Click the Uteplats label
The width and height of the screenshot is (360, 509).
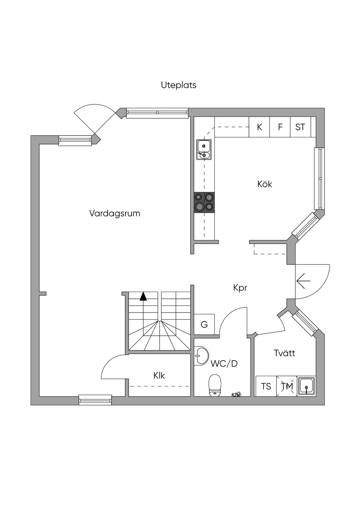tap(179, 85)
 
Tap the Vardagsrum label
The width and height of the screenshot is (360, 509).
tap(115, 213)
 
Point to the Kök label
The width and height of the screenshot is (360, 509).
tap(265, 184)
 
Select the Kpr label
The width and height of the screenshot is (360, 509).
tap(240, 288)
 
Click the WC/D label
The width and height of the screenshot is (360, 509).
tap(224, 363)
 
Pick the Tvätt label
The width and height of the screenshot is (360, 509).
tap(284, 353)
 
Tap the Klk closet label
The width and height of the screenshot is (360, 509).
tap(159, 375)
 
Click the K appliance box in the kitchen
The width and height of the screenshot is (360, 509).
tap(259, 127)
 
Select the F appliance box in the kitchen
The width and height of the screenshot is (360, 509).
tap(280, 127)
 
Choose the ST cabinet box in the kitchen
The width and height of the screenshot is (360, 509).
tap(300, 127)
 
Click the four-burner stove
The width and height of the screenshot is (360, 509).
tap(204, 202)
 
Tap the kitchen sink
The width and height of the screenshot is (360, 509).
tap(204, 149)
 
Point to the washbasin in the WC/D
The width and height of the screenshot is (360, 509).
tap(200, 356)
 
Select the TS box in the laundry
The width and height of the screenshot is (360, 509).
tap(266, 386)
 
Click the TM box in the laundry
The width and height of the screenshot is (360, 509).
tap(287, 386)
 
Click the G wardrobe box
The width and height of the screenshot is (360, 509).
tap(204, 324)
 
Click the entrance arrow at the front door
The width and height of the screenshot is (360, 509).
tap(303, 281)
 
